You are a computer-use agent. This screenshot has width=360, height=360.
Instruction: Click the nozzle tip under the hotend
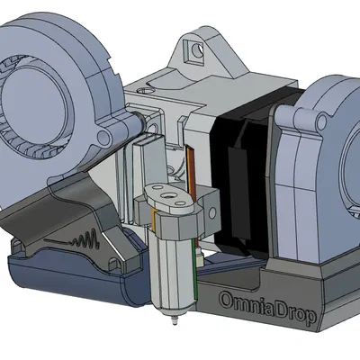pyautogui.click(x=175, y=321)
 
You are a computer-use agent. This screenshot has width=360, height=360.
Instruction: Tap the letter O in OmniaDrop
pyautogui.click(x=227, y=301)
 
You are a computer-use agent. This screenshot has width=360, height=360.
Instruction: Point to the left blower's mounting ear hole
pyautogui.click(x=103, y=137)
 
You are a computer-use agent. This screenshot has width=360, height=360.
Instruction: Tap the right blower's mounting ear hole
pyautogui.click(x=322, y=121)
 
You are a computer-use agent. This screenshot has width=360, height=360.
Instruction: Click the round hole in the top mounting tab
pyautogui.click(x=197, y=50)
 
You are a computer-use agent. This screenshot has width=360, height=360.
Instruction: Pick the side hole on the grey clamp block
pyautogui.click(x=212, y=212)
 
